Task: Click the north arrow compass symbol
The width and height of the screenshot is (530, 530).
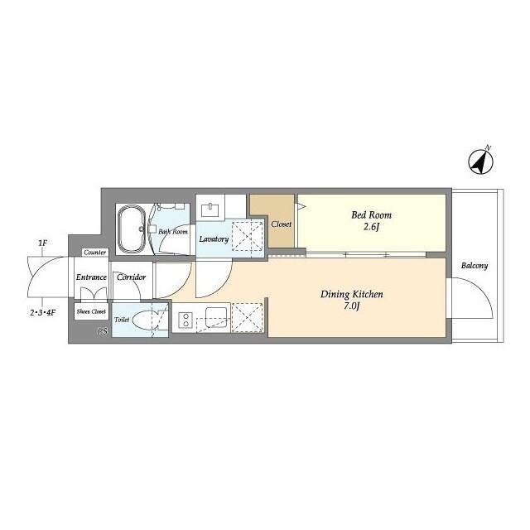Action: click(x=480, y=161)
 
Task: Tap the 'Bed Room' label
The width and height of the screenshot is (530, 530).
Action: click(x=370, y=215)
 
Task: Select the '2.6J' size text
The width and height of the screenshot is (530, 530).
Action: click(x=370, y=229)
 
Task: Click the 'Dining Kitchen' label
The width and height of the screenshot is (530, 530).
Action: click(x=351, y=294)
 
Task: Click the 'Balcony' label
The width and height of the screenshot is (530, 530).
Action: click(x=474, y=266)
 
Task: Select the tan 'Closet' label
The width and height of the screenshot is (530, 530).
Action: click(x=281, y=224)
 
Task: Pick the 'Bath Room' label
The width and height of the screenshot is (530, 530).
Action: click(x=173, y=232)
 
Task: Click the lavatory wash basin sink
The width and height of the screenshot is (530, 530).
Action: click(x=210, y=209)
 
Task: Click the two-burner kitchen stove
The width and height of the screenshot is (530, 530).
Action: click(x=185, y=318)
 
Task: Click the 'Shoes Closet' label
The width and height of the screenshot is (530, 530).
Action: click(x=91, y=311)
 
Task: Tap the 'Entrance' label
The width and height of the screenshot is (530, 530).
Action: click(x=91, y=277)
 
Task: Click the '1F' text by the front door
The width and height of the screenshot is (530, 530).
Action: click(x=42, y=243)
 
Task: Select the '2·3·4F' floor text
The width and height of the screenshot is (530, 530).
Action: click(x=43, y=313)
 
